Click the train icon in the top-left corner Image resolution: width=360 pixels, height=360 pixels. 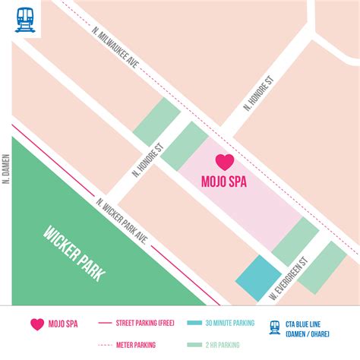22,19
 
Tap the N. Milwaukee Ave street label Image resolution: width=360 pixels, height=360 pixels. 115,55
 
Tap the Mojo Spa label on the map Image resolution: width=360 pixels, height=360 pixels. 224,182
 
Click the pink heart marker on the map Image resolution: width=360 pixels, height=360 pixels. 225,162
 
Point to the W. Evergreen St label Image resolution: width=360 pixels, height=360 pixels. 288,279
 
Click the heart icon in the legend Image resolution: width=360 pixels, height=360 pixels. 37,324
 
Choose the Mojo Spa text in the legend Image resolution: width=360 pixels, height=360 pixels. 65,324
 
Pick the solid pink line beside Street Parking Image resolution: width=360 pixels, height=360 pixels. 106,323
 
